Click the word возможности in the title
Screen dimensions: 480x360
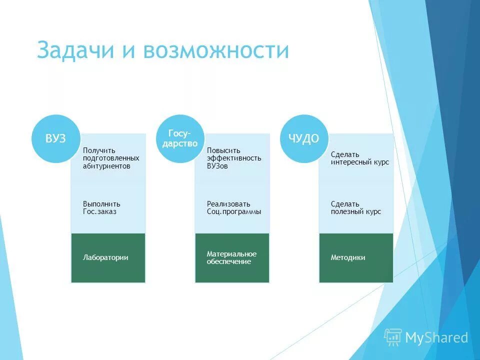[x=216, y=51]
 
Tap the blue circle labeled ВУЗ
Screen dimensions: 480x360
[x=55, y=139]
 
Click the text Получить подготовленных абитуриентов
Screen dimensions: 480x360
[x=111, y=158]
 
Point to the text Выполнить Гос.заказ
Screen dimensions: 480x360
[x=101, y=207]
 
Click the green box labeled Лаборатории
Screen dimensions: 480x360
[x=108, y=258]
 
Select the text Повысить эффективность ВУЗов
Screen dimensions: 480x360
[x=234, y=158]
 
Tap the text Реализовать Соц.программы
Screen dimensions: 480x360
[x=234, y=207]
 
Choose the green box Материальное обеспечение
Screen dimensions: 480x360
[x=232, y=258]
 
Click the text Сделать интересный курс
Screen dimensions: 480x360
[x=359, y=158]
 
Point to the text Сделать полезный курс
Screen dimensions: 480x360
[x=355, y=207]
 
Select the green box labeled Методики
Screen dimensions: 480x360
[x=356, y=258]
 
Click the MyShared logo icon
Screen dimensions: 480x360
[x=392, y=337]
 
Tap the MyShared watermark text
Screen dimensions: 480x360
[x=436, y=338]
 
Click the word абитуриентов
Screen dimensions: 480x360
[x=106, y=166]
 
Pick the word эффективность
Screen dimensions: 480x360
[x=234, y=158]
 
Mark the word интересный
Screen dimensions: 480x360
[x=349, y=162]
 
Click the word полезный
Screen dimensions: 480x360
[x=347, y=211]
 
